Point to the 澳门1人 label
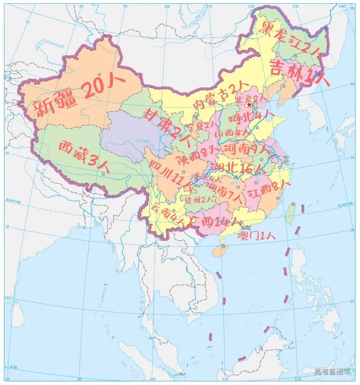pyautogui.click(x=256, y=236)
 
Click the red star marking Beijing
pyautogui.click(x=249, y=105)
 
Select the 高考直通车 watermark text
pyautogui.click(x=332, y=372)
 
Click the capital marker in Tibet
pyautogui.click(x=103, y=173)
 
